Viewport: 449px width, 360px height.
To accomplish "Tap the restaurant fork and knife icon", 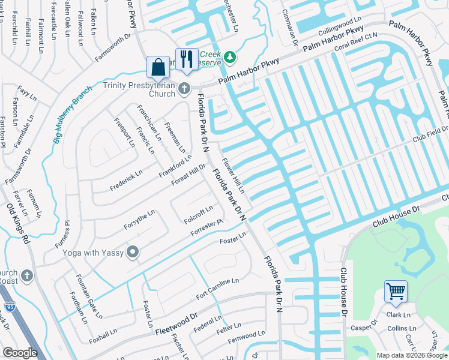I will click(187, 59).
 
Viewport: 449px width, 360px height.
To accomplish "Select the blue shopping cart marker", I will click(396, 292).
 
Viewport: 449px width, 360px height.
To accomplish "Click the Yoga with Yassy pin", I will click(133, 253).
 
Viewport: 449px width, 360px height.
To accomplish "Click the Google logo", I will click(20, 353).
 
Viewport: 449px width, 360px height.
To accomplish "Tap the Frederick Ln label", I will click(126, 181).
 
